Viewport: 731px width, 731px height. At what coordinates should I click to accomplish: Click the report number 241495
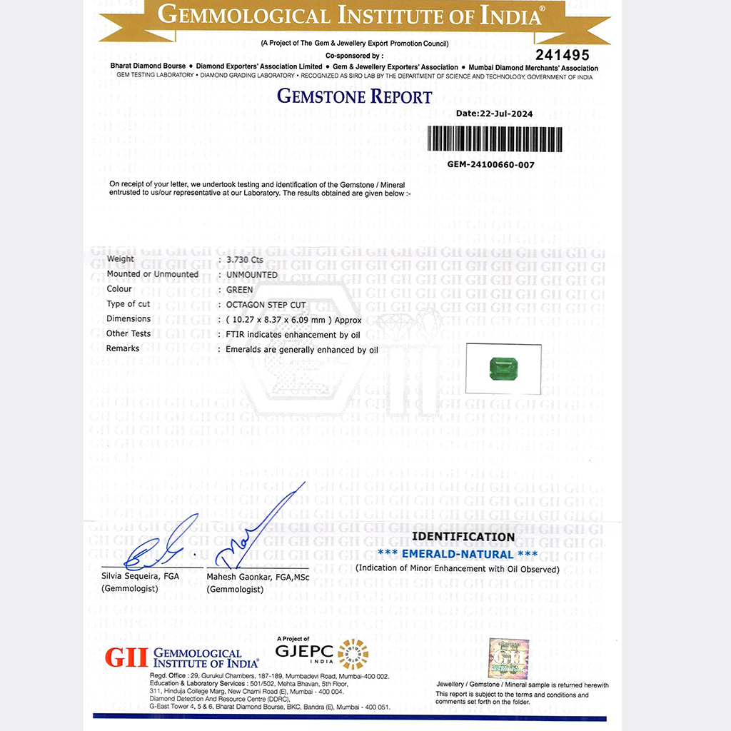coord(563,55)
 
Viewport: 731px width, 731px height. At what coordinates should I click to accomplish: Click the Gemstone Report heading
coord(355,96)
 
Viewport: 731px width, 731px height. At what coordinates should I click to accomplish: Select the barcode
coord(495,138)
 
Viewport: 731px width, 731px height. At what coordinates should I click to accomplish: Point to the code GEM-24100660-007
coord(491,164)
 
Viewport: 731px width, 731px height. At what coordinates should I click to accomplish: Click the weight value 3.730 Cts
coord(245,260)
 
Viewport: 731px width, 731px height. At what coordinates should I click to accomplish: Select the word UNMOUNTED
coord(251,275)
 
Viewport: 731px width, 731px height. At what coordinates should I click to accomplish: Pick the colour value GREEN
coord(239,289)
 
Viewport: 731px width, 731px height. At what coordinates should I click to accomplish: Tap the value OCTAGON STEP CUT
coord(266,305)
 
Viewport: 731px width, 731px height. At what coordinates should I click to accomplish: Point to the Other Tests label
coord(128,333)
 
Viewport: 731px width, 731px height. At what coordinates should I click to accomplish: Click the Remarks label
coord(123,348)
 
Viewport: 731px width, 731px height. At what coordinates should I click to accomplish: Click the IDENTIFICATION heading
coord(463,537)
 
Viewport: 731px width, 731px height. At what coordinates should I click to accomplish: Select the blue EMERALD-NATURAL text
coord(457,554)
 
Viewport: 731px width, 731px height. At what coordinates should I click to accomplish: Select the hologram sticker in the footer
coord(508,659)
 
